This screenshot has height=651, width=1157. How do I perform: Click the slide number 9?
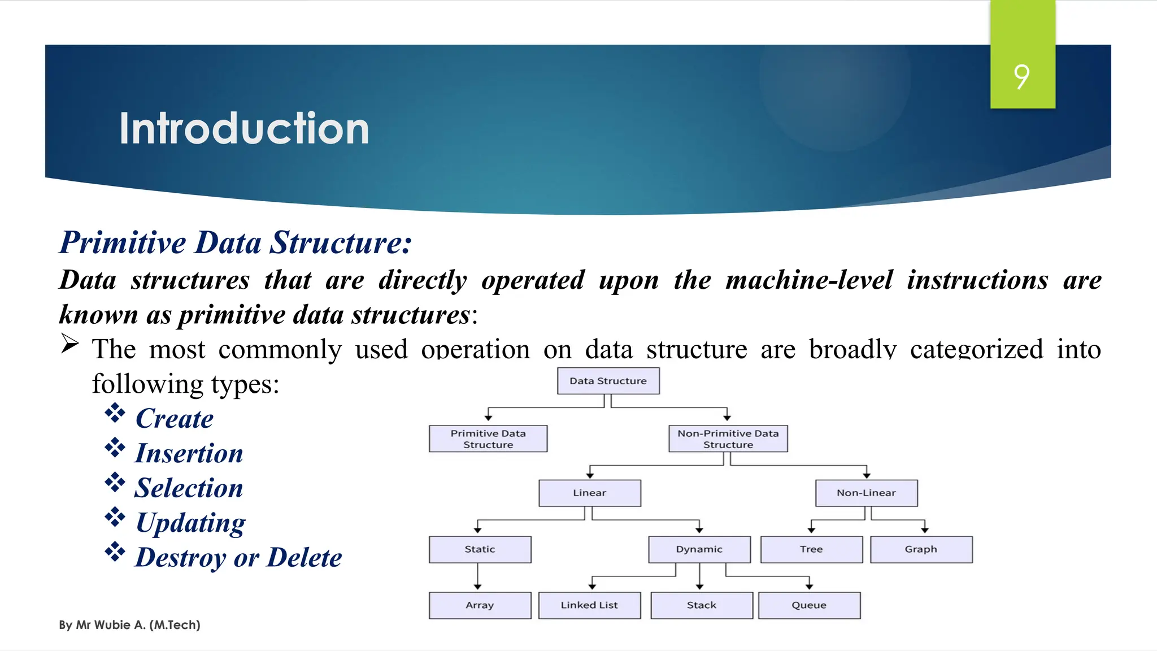(1021, 76)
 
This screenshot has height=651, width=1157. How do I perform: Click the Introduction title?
(244, 129)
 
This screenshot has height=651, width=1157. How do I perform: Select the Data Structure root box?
(608, 381)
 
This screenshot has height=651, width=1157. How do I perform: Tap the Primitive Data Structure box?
(488, 439)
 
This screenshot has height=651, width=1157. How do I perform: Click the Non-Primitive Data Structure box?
(728, 439)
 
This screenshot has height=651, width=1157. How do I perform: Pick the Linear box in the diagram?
(589, 493)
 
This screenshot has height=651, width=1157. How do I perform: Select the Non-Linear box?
(866, 493)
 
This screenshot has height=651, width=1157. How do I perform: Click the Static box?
(480, 549)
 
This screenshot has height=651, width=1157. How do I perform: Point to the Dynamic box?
(699, 549)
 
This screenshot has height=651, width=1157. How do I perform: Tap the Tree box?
(811, 549)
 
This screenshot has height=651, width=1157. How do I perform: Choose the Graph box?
(921, 549)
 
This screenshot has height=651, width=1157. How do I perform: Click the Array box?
(480, 605)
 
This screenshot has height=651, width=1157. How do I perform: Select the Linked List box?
(589, 605)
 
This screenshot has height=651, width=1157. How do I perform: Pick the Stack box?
(701, 605)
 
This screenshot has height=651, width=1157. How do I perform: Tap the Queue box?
(809, 605)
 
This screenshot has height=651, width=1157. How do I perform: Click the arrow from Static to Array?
(477, 577)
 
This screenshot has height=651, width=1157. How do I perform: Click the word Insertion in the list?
(189, 453)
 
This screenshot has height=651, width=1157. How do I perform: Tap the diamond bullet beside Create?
(115, 413)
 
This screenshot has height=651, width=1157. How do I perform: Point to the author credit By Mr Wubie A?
(129, 625)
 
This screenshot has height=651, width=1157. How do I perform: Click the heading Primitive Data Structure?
(236, 243)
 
